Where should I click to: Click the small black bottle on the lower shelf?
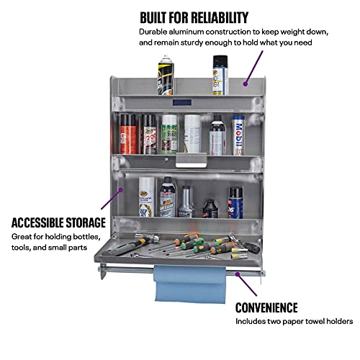click(x=211, y=209)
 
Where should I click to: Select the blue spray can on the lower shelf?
click(x=235, y=202)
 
